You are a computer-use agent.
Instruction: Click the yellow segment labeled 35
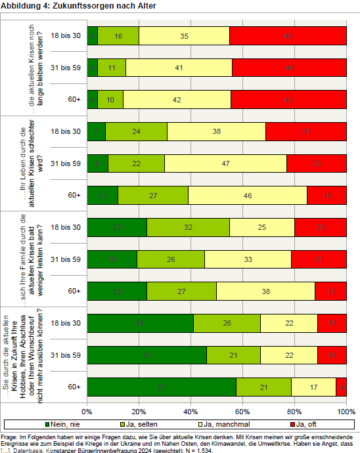[x=184, y=35]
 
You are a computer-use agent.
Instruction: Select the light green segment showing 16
[x=118, y=35]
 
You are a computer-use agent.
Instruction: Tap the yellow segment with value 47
[x=225, y=163]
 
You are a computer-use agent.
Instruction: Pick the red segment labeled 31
[x=306, y=131]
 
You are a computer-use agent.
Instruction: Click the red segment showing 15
[x=326, y=195]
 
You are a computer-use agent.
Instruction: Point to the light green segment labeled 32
[x=188, y=226]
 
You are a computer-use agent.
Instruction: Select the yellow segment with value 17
[x=313, y=387]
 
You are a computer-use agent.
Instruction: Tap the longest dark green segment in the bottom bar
[x=162, y=387]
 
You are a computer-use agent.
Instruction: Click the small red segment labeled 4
[x=341, y=387]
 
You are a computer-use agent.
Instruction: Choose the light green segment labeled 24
[x=136, y=131]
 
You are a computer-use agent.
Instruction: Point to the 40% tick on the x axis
[x=191, y=412]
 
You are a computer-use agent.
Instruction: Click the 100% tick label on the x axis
[x=345, y=412]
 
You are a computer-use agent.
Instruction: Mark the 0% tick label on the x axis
[x=87, y=412]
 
